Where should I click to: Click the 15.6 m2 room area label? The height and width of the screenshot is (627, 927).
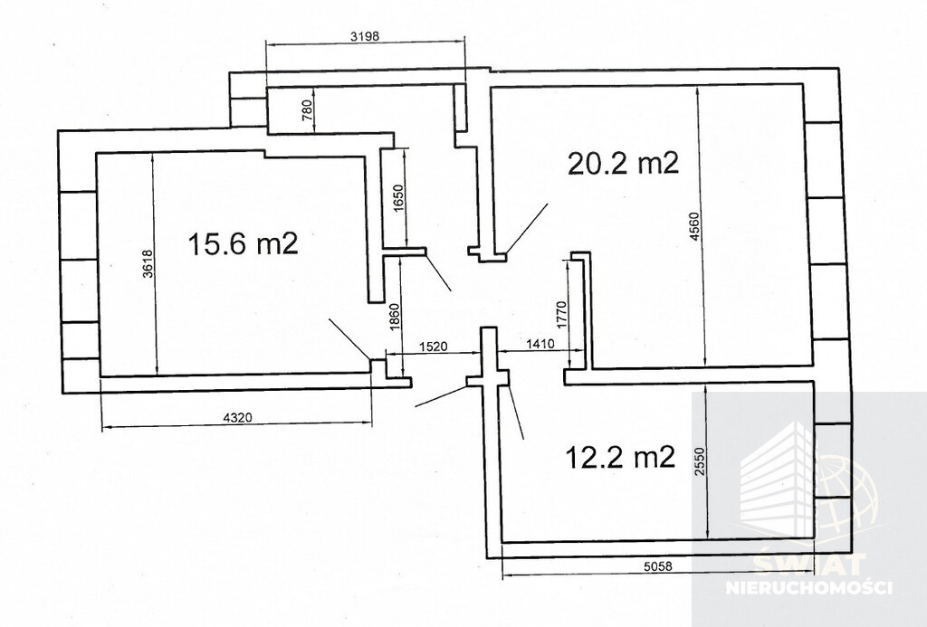(x=243, y=243)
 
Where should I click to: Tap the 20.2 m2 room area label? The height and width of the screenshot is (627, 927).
(x=623, y=163)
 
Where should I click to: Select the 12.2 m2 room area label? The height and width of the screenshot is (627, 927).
(x=620, y=457)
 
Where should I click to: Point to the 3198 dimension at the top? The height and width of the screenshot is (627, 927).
(x=364, y=36)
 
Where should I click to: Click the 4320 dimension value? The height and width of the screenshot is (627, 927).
(x=238, y=418)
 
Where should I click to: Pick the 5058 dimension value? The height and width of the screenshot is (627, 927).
(x=658, y=565)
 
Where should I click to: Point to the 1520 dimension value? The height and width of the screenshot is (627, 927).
(x=434, y=347)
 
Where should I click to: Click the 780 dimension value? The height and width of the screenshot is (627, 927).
(x=306, y=110)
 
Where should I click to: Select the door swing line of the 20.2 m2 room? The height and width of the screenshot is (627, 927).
(x=527, y=229)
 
